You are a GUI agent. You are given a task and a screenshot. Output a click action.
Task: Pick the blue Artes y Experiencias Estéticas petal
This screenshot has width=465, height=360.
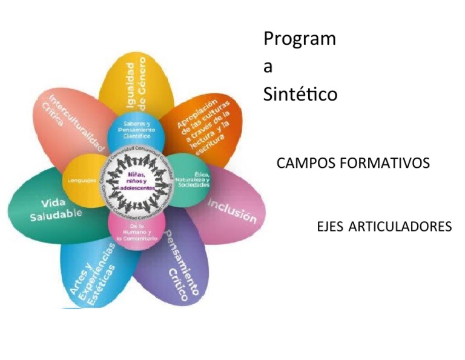point(91,273)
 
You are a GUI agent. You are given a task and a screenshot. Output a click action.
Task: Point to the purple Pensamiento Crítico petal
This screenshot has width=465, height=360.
point(176,267)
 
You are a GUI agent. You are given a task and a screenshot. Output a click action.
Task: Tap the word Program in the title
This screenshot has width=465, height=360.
point(299,39)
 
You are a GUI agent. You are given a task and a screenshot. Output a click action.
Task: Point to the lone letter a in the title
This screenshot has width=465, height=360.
point(268,67)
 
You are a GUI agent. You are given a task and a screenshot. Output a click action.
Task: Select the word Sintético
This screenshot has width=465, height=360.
point(300,95)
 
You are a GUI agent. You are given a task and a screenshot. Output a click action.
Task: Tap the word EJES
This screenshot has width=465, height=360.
point(330,227)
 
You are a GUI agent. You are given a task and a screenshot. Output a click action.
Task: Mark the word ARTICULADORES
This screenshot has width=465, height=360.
point(400,227)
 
